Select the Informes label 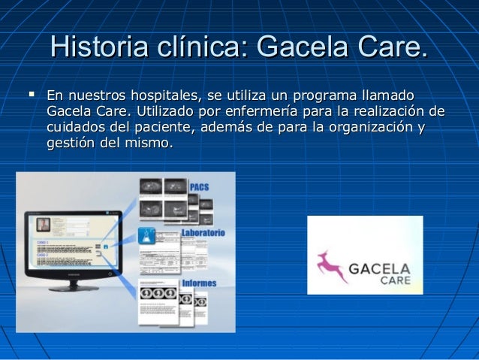point(197,283)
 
